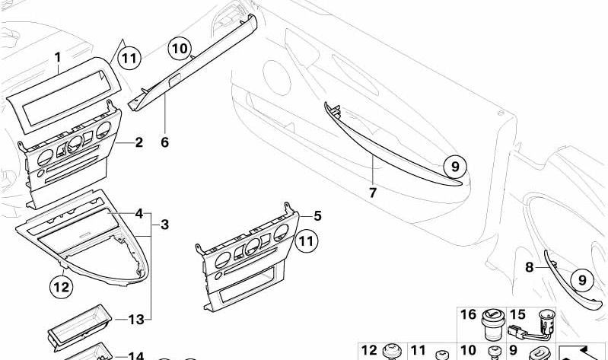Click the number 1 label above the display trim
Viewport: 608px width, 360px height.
58,58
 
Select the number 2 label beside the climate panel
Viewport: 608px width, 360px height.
138,142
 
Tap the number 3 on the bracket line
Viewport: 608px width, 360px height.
165,225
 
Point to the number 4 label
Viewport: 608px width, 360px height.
138,213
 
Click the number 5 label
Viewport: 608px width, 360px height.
317,215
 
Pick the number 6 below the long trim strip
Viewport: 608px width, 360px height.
165,142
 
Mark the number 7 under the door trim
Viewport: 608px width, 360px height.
373,193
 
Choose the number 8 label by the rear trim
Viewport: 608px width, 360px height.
530,267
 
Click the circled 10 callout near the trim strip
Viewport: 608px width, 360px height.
180,49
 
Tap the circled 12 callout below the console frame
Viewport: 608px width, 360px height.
62,287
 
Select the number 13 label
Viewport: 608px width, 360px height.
136,320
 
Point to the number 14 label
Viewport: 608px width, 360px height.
136,355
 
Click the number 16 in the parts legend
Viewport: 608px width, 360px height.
468,314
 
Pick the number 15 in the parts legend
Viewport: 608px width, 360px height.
517,314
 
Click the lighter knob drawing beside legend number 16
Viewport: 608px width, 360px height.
493,324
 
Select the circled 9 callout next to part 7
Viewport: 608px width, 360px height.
455,167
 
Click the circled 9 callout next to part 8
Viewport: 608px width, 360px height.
582,280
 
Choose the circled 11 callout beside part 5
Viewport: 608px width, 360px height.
306,241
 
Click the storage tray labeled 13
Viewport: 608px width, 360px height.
80,327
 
